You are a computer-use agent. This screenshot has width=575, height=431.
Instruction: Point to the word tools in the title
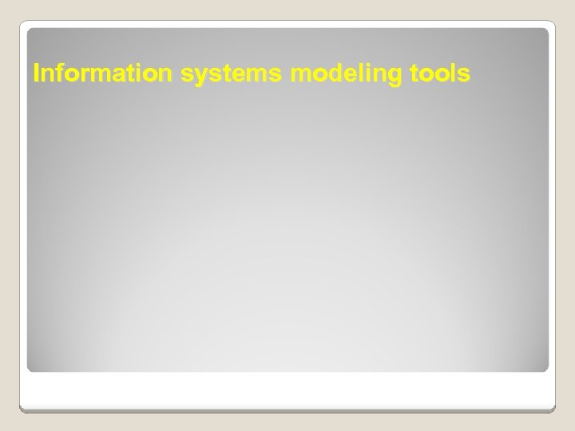coord(442,74)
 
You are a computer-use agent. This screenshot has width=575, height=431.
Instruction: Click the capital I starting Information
coord(36,74)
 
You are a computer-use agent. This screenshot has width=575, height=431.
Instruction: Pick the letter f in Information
coord(59,73)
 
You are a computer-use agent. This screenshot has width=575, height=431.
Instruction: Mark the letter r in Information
coord(82,76)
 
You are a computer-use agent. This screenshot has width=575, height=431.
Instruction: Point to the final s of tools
coord(466,76)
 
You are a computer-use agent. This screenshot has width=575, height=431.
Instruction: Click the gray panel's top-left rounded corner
coord(30,31)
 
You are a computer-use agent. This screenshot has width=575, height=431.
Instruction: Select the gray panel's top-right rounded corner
coord(545,31)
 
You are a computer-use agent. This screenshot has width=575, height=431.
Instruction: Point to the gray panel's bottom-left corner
coord(30,369)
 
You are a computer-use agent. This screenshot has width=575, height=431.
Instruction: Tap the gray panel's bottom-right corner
coord(545,369)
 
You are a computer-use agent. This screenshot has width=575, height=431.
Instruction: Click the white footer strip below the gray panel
coord(287,391)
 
